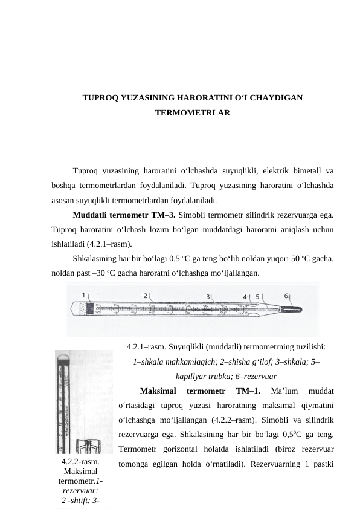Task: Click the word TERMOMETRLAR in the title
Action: click(x=192, y=113)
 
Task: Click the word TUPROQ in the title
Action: click(x=101, y=97)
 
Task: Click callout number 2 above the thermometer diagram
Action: click(x=146, y=296)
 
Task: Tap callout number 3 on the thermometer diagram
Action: click(x=208, y=297)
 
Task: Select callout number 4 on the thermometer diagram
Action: click(x=245, y=297)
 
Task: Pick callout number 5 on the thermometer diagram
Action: click(x=257, y=297)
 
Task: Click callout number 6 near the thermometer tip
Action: click(x=286, y=296)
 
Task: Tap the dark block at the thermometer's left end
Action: click(x=90, y=308)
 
